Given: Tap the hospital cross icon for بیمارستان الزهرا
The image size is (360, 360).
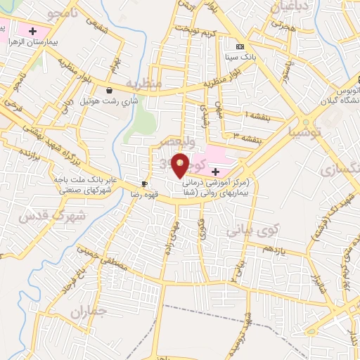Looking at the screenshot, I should click(32, 31).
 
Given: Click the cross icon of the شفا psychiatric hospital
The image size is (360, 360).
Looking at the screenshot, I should click(215, 172).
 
